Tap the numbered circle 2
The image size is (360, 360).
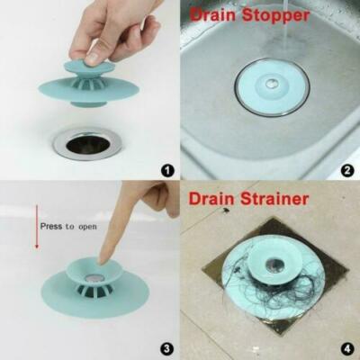point(347,168)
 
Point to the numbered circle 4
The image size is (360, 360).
point(347,347)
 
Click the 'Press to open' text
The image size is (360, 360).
point(67,227)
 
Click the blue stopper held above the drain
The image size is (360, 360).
point(90,85)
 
